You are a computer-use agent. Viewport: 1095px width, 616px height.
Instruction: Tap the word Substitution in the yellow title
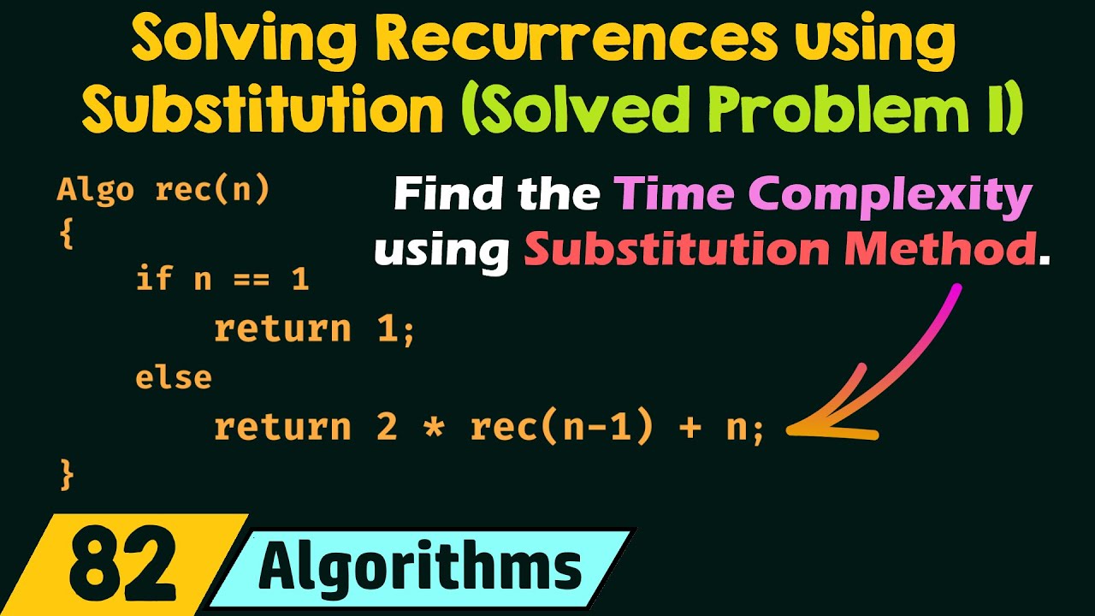(264, 110)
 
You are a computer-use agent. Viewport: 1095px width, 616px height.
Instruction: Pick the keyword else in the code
(174, 377)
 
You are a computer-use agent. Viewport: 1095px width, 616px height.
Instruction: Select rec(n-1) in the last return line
(562, 427)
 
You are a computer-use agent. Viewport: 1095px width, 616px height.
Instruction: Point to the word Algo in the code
(95, 190)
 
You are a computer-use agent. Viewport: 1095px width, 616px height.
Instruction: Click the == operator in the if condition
(252, 279)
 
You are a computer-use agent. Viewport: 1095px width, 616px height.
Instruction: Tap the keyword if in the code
(154, 279)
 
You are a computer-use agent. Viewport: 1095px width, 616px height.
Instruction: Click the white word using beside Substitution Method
(441, 249)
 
